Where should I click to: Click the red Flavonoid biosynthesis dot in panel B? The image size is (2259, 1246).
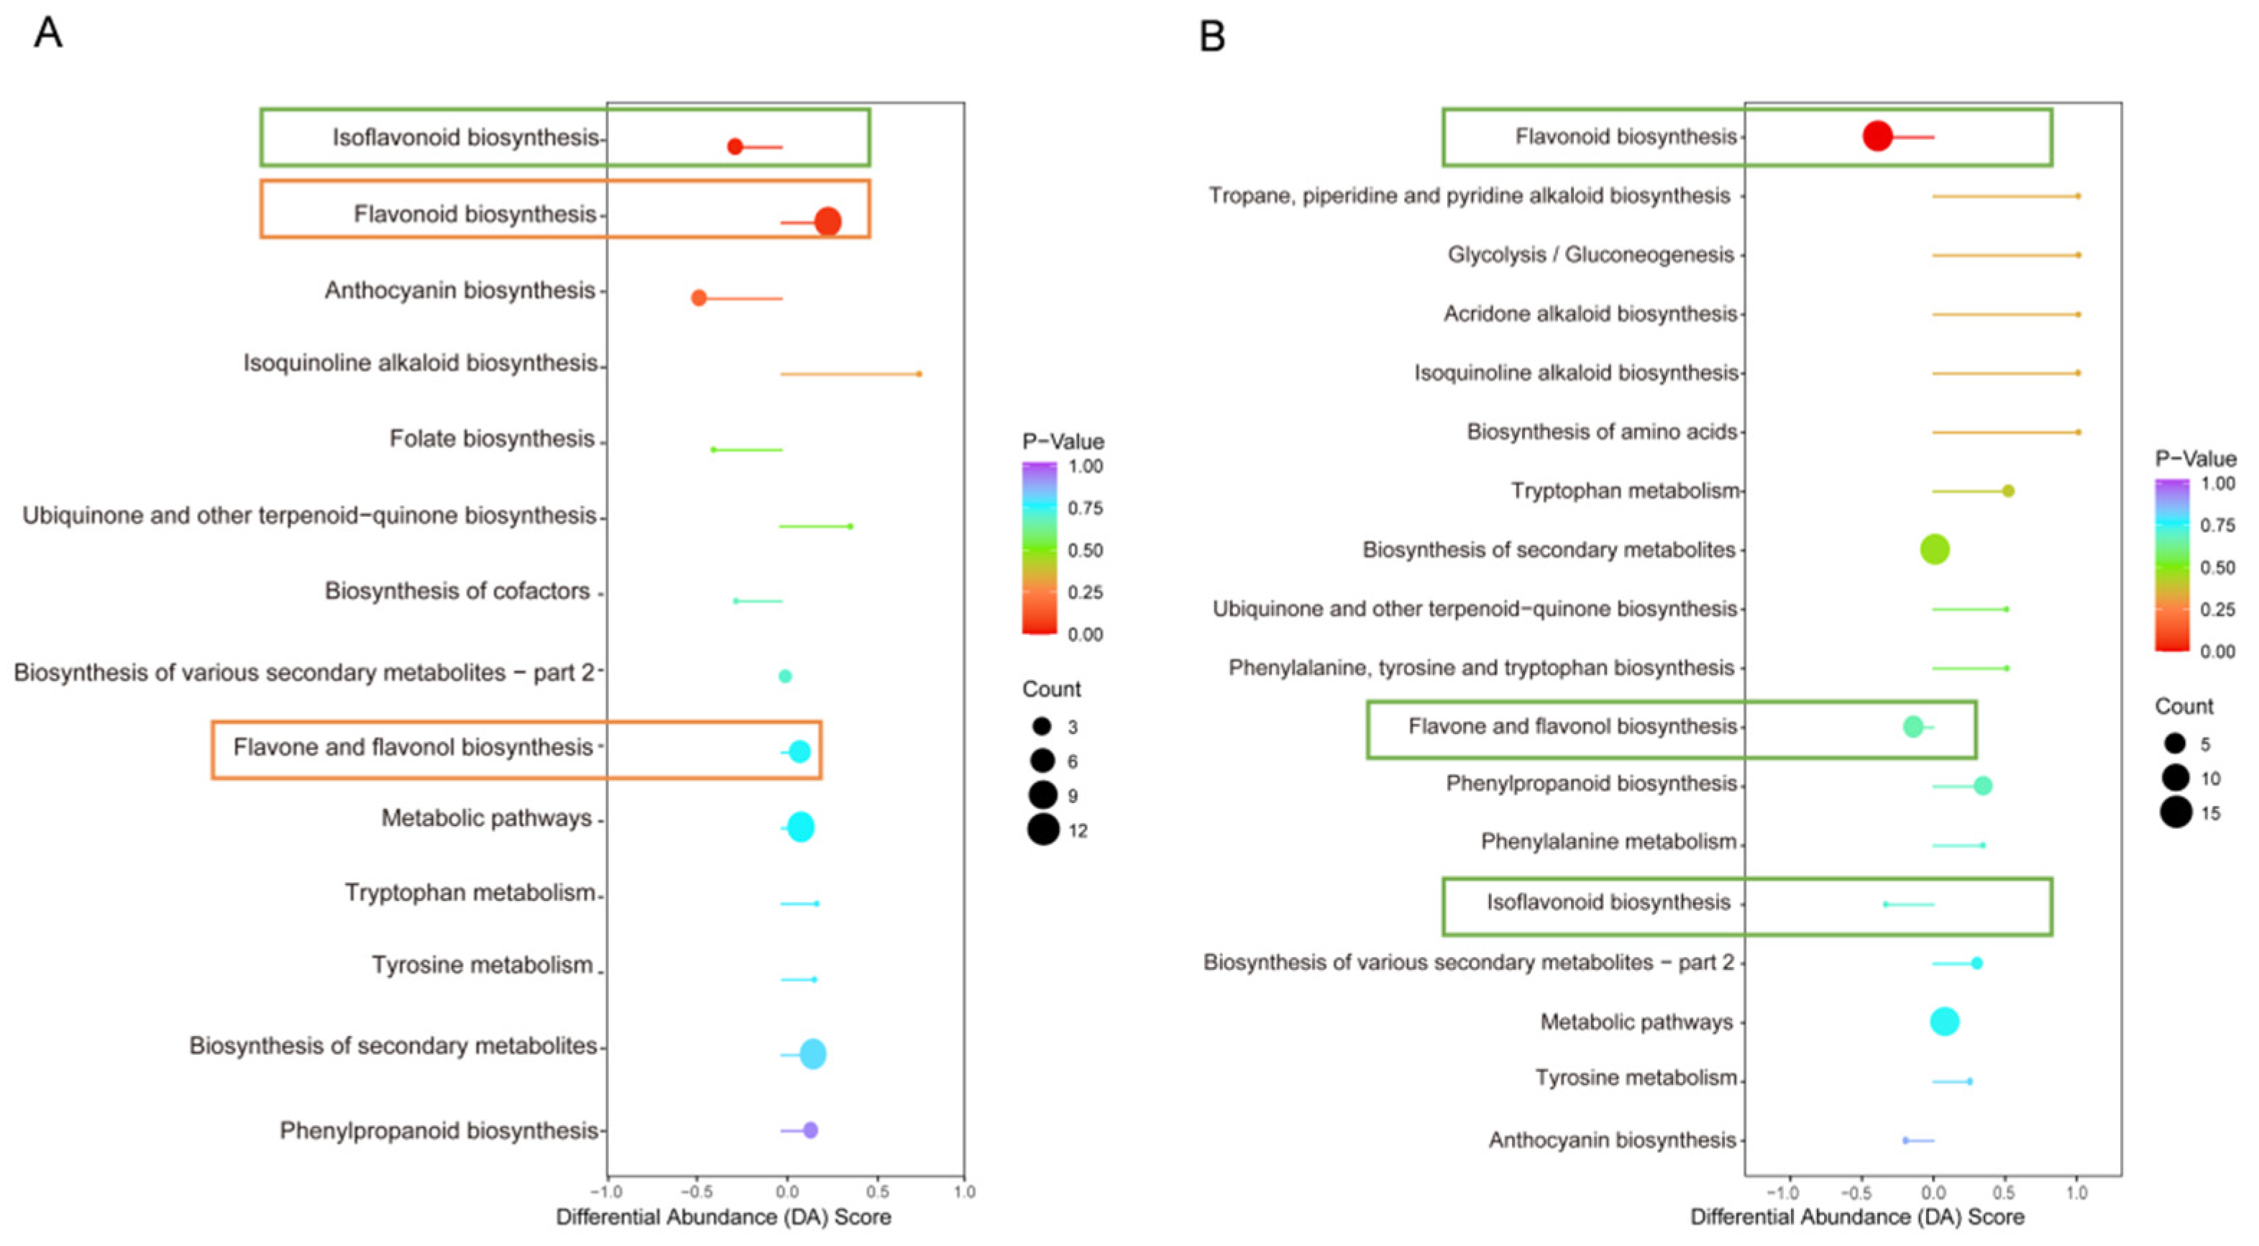[x=1877, y=136]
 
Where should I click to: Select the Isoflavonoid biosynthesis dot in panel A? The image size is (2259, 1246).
[x=735, y=147]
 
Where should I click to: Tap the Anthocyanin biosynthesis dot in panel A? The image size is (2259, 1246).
[x=699, y=298]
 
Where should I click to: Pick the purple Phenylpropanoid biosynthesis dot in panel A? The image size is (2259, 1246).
[x=810, y=1130]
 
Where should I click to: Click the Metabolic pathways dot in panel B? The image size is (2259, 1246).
[x=1944, y=1022]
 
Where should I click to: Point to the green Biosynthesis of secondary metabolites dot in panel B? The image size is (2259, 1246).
[x=1935, y=550]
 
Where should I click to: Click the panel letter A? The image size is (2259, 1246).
[x=48, y=33]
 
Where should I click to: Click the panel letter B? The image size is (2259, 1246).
[x=1212, y=37]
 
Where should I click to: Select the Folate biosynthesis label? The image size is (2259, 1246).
[x=492, y=439]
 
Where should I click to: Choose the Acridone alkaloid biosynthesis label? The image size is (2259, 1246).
[x=1590, y=314]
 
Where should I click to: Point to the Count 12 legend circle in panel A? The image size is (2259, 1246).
[x=1043, y=830]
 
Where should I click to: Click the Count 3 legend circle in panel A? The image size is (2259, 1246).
[x=1042, y=726]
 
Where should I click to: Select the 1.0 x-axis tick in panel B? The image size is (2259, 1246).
[x=2076, y=1194]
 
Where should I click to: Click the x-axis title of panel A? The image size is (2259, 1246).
[x=723, y=1217]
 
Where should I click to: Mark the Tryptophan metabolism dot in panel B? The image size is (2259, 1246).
[x=2008, y=491]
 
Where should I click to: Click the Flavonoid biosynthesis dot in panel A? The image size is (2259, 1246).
[x=828, y=222]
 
